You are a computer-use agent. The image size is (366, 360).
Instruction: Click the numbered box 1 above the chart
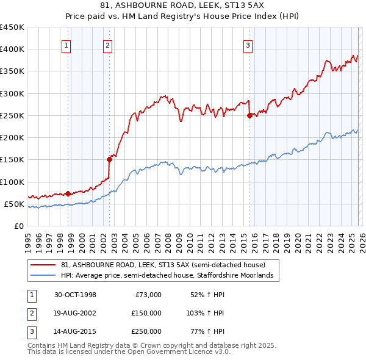[x=65, y=45]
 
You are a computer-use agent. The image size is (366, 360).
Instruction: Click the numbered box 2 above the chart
[x=107, y=45]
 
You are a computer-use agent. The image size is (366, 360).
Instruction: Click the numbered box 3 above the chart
[x=248, y=45]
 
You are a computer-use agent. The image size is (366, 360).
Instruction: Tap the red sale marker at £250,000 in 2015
[x=249, y=115]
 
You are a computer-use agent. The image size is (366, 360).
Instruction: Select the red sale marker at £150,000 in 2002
[x=109, y=159]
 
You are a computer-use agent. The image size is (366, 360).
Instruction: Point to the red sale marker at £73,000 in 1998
[x=68, y=193]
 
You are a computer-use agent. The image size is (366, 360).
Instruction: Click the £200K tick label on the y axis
[x=12, y=137]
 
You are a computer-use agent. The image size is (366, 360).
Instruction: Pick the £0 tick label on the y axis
[x=19, y=226]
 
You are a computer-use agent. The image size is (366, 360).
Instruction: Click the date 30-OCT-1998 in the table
[x=75, y=295]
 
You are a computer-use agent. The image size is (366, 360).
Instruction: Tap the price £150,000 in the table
[x=146, y=312]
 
